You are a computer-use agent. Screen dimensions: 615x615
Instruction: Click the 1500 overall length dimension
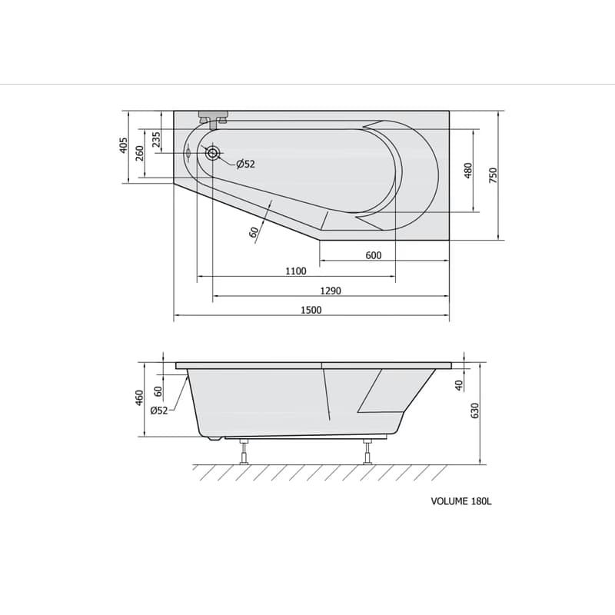311,310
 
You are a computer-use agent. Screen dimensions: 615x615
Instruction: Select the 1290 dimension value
331,291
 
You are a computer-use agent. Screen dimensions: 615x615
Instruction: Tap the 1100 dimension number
296,271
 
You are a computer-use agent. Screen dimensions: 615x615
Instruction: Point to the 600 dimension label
374,255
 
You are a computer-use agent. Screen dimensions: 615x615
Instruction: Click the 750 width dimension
493,175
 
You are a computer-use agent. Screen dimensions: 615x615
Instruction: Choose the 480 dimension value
468,171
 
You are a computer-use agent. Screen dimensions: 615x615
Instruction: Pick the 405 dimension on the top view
123,145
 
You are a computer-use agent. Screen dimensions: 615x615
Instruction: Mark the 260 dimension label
140,153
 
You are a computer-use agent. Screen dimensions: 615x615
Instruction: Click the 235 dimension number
156,139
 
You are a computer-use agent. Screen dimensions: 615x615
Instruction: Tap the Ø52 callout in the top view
245,164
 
